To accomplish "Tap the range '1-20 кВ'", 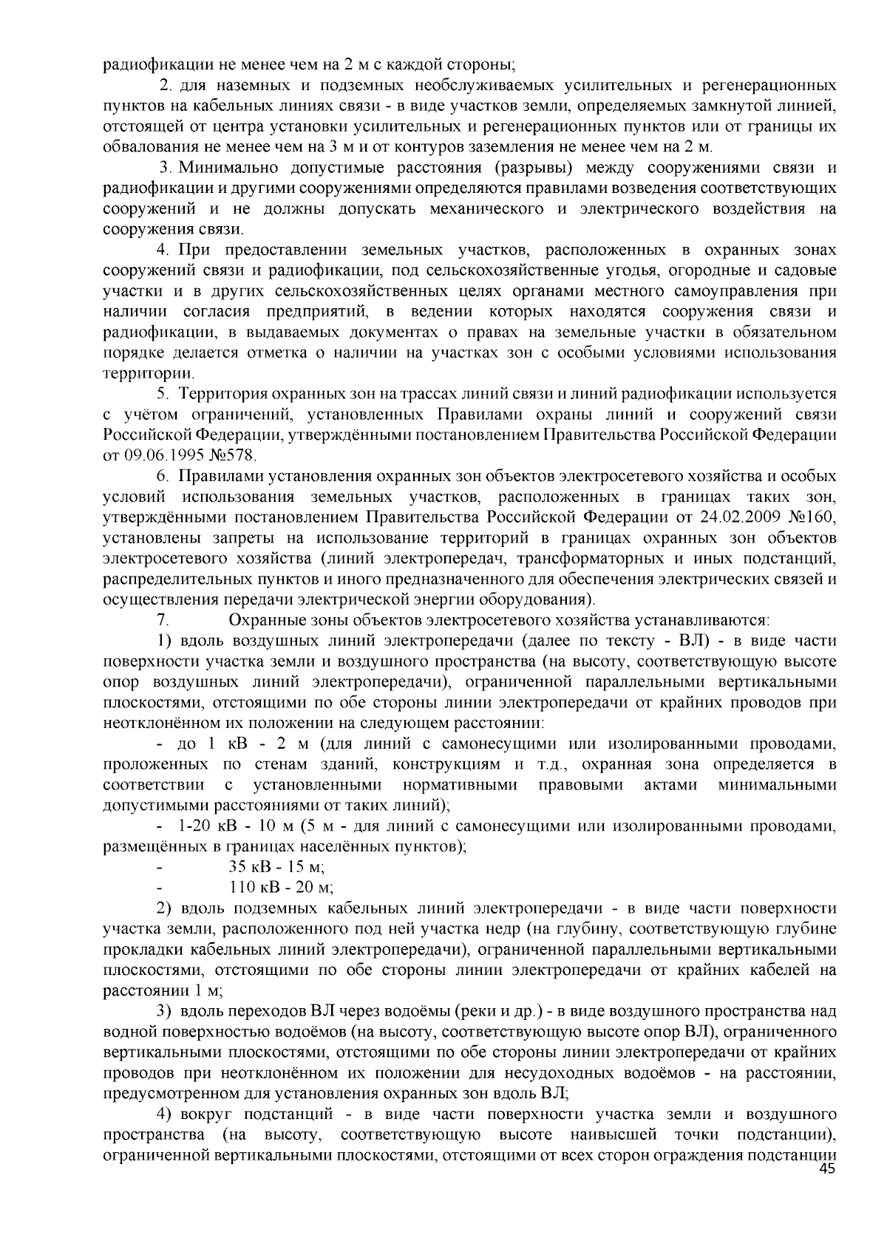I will coord(203,826).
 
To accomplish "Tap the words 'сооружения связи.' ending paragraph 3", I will coord(172,228).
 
